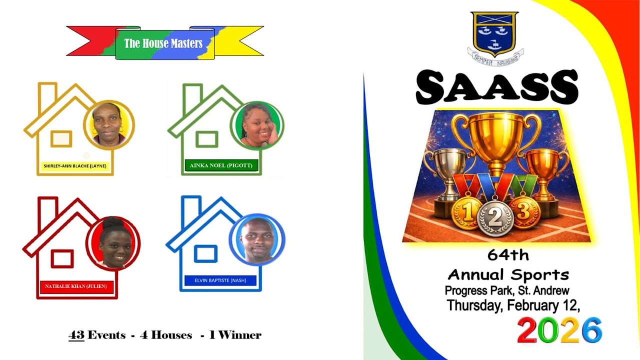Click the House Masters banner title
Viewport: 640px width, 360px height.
(163, 43)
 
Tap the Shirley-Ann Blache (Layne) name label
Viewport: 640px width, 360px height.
(75, 166)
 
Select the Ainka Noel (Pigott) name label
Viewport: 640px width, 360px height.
(221, 165)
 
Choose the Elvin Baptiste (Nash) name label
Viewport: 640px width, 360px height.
(220, 280)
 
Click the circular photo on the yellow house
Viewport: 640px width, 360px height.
(109, 125)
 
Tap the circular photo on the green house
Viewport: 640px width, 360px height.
(257, 125)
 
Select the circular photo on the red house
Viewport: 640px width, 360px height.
(113, 243)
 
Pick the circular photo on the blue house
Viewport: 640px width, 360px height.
(257, 239)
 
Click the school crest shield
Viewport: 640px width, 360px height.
(494, 33)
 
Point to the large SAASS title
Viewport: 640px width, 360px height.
(496, 87)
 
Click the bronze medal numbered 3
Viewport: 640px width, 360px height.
(523, 212)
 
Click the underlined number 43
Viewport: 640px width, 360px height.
(76, 335)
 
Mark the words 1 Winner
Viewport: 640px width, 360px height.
(235, 335)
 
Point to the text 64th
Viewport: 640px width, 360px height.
(508, 255)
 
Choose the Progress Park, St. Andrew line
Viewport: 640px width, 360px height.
(507, 290)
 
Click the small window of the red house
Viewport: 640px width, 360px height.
(62, 258)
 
